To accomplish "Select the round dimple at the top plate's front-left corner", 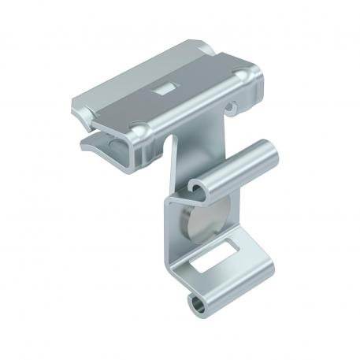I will [x=139, y=128].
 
